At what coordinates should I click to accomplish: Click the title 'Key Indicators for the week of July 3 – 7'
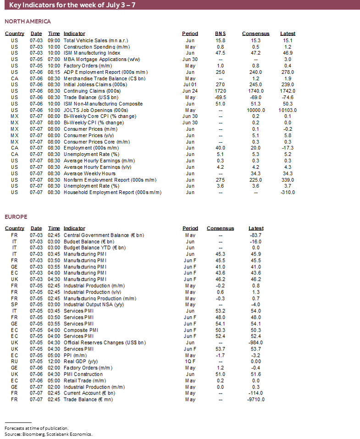coord(72,5)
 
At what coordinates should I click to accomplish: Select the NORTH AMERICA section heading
coord(28,22)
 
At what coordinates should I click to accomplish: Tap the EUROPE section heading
coord(16,217)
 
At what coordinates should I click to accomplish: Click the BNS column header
coord(221,33)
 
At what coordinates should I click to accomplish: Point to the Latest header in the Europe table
coord(256,228)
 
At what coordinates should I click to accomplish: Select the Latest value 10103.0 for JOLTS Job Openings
coord(288,110)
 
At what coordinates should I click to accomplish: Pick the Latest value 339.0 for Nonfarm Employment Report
coord(288,180)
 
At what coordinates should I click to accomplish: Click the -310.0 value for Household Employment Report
coord(288,193)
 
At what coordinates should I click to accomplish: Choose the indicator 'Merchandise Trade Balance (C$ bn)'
coord(104,78)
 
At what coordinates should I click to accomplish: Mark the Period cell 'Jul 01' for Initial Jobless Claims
coord(190,85)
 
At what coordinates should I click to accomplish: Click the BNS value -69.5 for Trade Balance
coord(221,98)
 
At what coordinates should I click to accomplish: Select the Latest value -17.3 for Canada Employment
coord(288,148)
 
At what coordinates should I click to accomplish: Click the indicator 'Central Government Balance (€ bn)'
coord(104,235)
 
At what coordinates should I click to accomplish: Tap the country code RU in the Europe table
coord(14,361)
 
